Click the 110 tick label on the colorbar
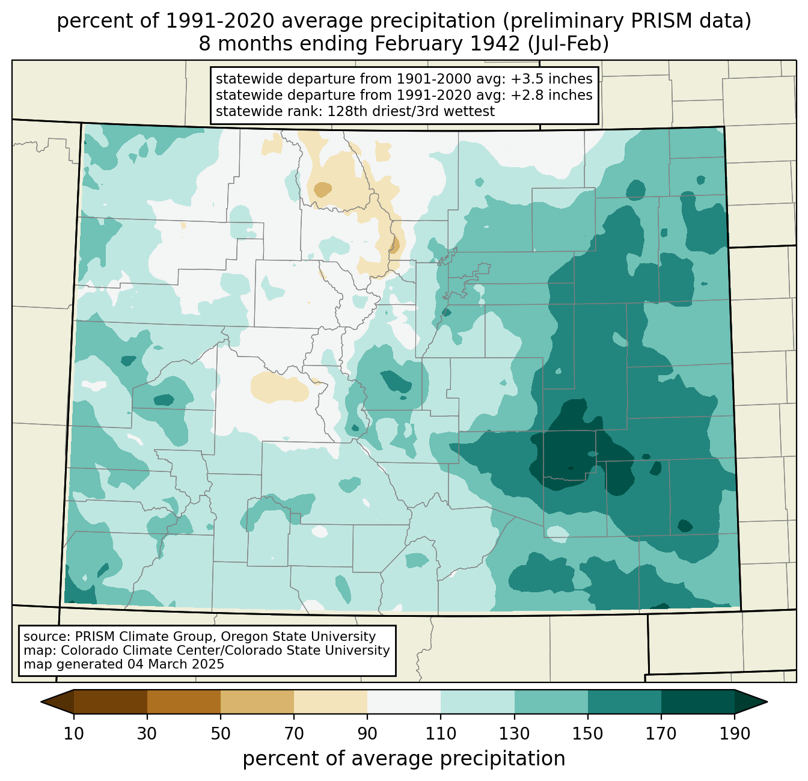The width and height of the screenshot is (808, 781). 441,734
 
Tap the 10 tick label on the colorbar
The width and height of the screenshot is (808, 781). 74,734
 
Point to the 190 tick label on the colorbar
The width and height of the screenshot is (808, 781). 734,734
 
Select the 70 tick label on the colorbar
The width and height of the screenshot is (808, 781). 294,734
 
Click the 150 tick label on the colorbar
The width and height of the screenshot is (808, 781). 587,734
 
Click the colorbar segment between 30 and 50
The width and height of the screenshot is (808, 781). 184,702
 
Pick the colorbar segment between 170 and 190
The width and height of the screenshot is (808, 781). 697,702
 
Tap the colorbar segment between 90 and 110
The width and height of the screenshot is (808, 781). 404,702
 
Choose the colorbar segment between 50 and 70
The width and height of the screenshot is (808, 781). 257,702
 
